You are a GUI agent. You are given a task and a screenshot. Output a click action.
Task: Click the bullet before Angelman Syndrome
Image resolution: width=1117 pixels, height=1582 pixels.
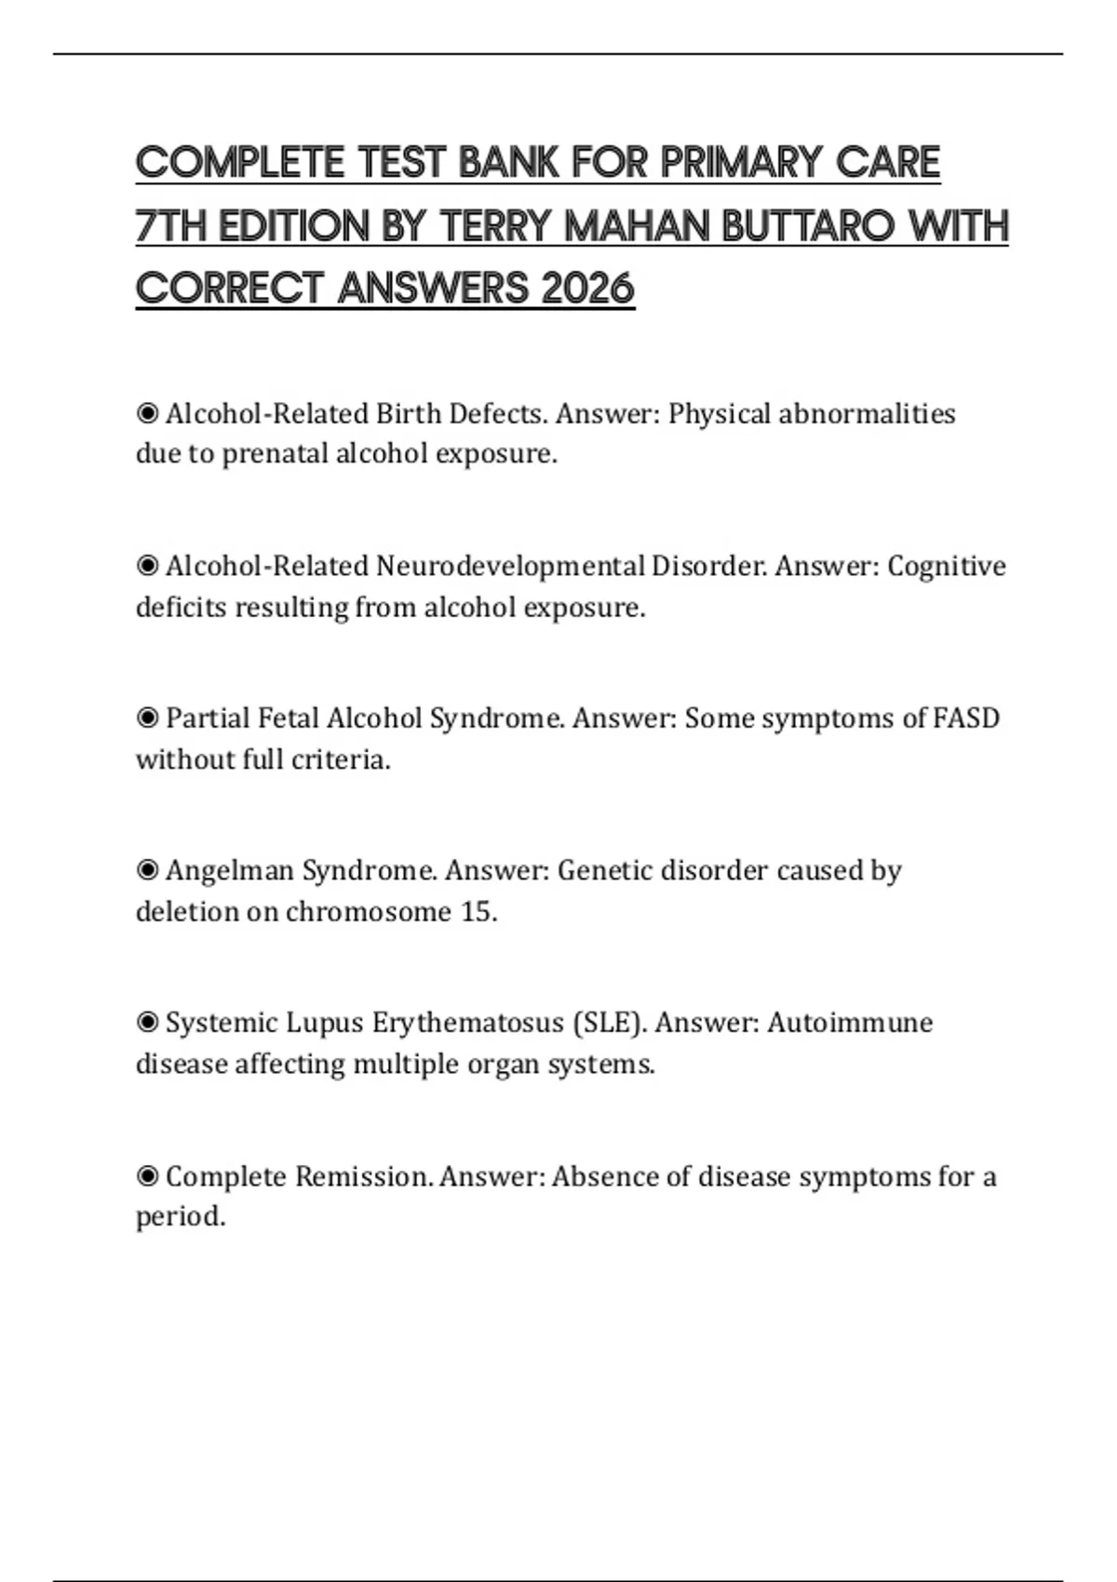tap(147, 871)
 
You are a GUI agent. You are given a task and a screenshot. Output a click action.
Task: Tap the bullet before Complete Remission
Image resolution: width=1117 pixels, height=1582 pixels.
tap(147, 1177)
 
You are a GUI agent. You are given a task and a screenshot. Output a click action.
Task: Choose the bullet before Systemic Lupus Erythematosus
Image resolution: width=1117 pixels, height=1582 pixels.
tap(147, 1024)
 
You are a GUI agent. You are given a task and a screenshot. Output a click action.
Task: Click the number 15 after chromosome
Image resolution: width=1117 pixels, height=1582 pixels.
tap(478, 911)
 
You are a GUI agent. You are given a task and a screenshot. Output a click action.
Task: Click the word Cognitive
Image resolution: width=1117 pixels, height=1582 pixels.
tap(946, 566)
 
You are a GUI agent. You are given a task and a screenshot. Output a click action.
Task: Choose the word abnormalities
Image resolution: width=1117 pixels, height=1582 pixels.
tap(867, 413)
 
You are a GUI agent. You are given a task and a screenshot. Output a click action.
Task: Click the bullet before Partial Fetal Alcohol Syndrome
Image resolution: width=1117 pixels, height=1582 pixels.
tap(147, 718)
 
